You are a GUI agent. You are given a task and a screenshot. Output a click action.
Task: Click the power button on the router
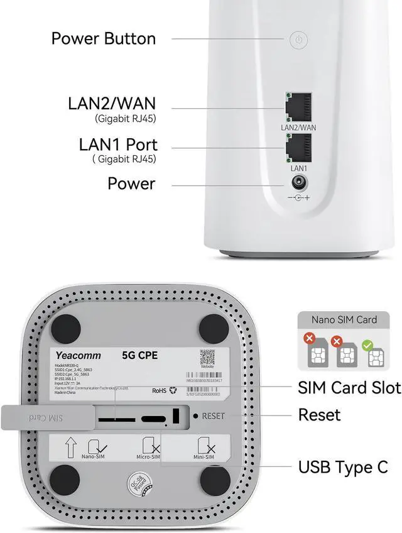pos(299,40)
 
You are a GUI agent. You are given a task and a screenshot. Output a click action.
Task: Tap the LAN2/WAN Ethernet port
pos(299,107)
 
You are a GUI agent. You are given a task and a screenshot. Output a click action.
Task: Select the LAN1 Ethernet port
pos(299,148)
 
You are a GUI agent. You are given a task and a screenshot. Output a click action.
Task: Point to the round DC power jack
pos(298,184)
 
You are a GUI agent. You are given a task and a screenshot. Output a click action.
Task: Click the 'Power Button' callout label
pos(104,38)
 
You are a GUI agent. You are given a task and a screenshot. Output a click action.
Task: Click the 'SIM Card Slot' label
pos(349,388)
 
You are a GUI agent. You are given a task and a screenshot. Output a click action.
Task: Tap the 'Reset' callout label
pos(319,415)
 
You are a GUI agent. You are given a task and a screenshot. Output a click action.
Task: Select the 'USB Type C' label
pos(342,467)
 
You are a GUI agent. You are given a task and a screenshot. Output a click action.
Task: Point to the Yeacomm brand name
pos(78,356)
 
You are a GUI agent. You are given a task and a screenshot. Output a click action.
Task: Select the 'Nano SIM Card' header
pos(344,319)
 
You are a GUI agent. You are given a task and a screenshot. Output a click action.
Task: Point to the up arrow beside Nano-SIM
pos(71,447)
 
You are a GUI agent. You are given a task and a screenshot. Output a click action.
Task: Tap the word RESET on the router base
pos(213,416)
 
